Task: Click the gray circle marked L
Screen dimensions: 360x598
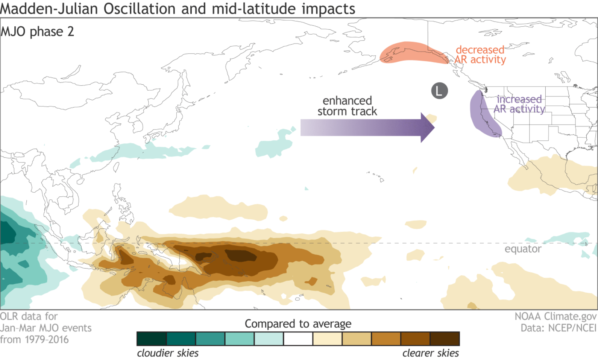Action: coord(439,91)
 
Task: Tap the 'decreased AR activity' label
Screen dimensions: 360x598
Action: coord(480,55)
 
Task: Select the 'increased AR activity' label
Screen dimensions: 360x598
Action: coord(519,104)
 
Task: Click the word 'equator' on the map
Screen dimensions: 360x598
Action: coord(523,249)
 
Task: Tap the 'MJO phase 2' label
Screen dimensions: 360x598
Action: coord(37,32)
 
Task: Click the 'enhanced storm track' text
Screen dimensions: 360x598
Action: coord(347,106)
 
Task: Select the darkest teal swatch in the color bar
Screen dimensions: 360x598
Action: coord(152,339)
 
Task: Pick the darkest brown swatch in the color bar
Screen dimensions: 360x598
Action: coord(445,339)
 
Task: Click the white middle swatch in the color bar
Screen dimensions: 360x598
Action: coord(298,339)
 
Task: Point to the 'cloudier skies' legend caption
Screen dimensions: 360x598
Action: coord(168,353)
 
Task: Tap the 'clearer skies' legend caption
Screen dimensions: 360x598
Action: coord(430,353)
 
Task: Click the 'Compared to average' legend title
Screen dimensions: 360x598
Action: coord(298,324)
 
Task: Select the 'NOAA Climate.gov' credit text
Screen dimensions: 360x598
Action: coord(556,316)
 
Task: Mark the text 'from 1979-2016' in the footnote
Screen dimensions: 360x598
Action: coord(34,340)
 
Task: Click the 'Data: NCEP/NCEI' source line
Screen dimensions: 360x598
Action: coord(559,328)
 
